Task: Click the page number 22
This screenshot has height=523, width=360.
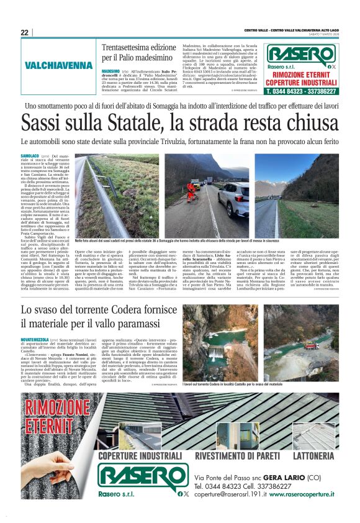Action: (x=24, y=32)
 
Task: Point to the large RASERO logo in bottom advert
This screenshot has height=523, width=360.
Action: (x=138, y=479)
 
